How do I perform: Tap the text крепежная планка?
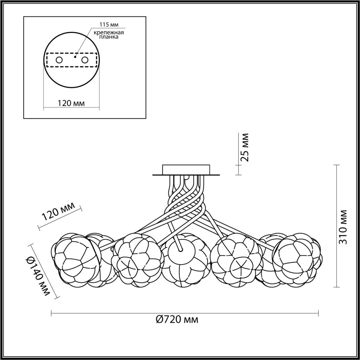[x=109, y=35]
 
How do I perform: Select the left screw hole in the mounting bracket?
[x=59, y=60]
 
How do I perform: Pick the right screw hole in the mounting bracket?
[x=85, y=60]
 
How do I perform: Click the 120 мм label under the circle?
[x=71, y=103]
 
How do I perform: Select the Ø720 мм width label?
[x=177, y=319]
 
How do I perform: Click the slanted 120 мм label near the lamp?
[x=59, y=211]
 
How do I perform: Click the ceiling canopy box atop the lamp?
[x=186, y=170]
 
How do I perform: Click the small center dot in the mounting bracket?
[x=75, y=57]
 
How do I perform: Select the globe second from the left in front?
[x=137, y=260]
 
